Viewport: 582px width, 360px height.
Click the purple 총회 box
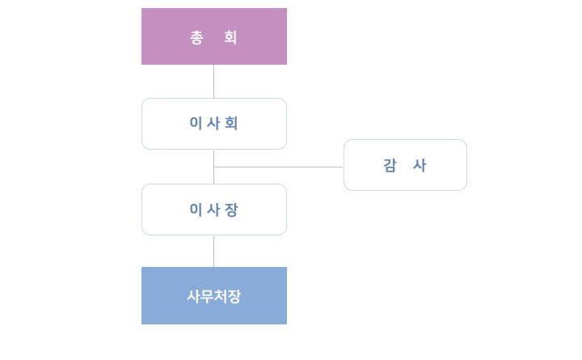point(213,36)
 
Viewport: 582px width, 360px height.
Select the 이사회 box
point(213,124)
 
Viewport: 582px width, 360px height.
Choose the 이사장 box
point(213,210)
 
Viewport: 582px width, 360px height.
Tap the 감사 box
point(405,165)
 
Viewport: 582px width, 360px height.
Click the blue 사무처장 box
point(213,296)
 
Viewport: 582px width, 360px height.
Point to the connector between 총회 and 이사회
point(213,82)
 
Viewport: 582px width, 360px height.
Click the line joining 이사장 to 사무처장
point(213,252)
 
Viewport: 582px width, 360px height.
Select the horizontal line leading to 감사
point(278,167)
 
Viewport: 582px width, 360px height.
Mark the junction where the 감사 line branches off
point(213,167)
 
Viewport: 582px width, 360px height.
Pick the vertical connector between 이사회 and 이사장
point(213,167)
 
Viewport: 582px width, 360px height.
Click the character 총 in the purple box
point(196,37)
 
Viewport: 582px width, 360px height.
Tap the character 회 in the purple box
point(230,37)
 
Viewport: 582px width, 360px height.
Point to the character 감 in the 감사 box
point(390,165)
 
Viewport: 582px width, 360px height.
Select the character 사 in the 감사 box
point(420,165)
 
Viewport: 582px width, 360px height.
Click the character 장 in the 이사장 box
point(231,210)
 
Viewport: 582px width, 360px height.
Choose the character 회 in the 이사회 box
point(231,123)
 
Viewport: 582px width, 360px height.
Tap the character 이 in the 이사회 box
point(196,123)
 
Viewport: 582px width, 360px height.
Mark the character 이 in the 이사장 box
point(196,210)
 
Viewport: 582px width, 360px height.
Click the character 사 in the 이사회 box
point(213,123)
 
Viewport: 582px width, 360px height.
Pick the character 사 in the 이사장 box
point(213,210)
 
